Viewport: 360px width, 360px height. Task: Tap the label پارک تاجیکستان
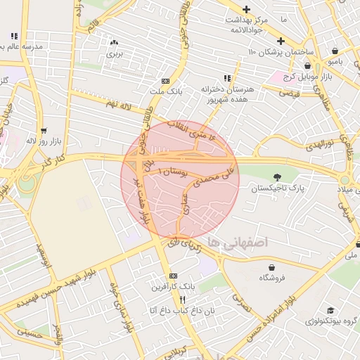tap(276, 188)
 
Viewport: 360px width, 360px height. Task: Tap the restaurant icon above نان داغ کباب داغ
tap(183, 299)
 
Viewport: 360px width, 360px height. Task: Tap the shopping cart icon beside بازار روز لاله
tap(44, 130)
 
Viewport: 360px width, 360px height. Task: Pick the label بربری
tap(114, 53)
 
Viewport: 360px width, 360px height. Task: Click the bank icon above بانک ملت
tap(165, 81)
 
